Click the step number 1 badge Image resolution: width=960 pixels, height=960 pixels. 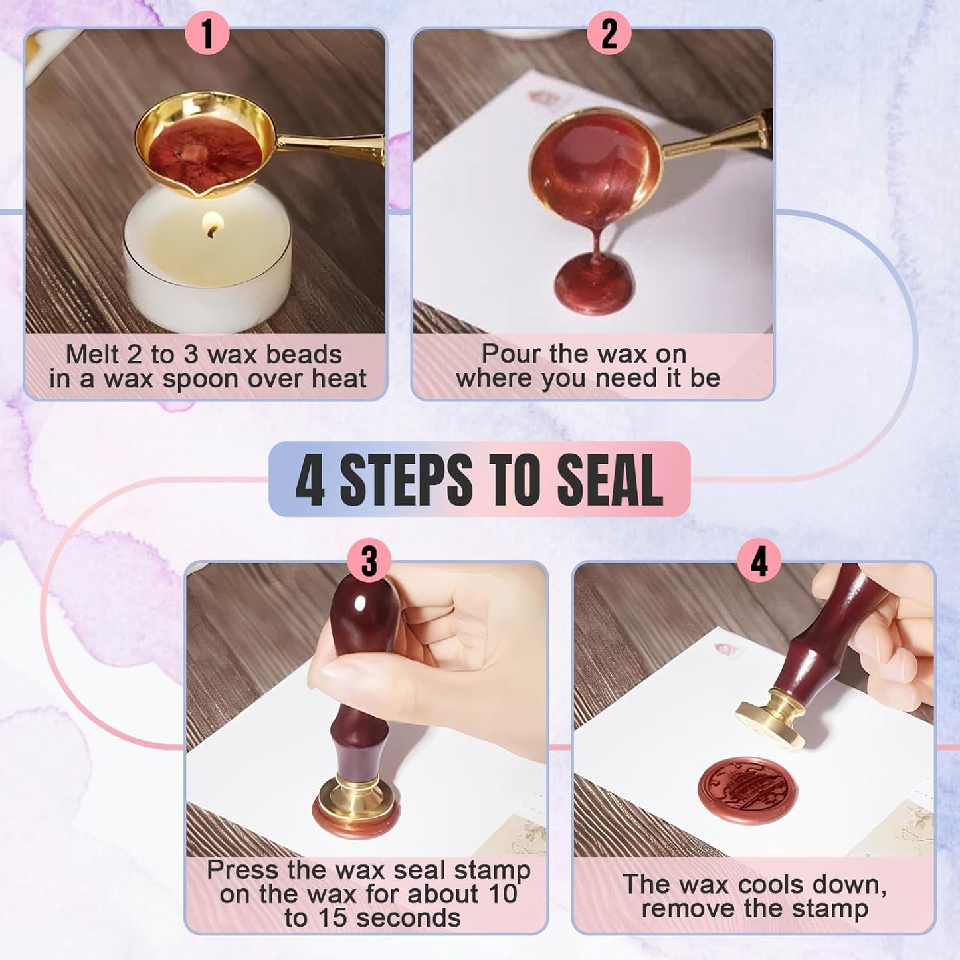(207, 34)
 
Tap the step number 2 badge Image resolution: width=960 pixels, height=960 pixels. (609, 34)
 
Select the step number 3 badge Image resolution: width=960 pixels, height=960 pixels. (369, 561)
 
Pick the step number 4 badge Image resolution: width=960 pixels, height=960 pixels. (759, 561)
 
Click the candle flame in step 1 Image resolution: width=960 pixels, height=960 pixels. (211, 225)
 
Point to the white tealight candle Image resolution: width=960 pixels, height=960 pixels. (207, 266)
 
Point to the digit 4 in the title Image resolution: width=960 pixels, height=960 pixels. (310, 480)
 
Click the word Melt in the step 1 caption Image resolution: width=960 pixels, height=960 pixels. (92, 354)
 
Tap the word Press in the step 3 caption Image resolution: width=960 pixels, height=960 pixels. (242, 870)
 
